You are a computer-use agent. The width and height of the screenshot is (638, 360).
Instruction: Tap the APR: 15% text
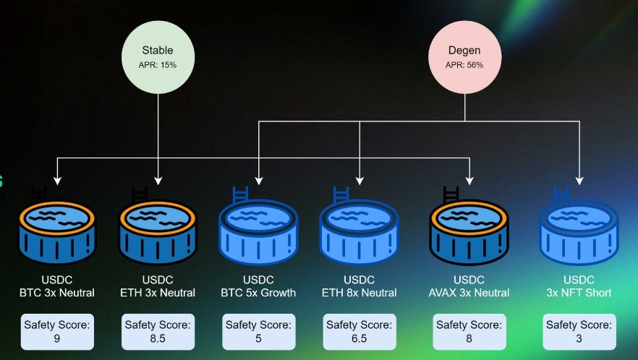coord(158,65)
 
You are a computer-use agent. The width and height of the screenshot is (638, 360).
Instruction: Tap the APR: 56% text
coord(465,65)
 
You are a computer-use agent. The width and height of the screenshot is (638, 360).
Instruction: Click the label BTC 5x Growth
coord(258,293)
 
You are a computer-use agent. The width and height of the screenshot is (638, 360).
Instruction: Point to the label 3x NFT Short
coord(579,293)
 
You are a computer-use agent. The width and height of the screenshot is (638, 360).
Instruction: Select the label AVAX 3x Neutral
coord(470,293)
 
